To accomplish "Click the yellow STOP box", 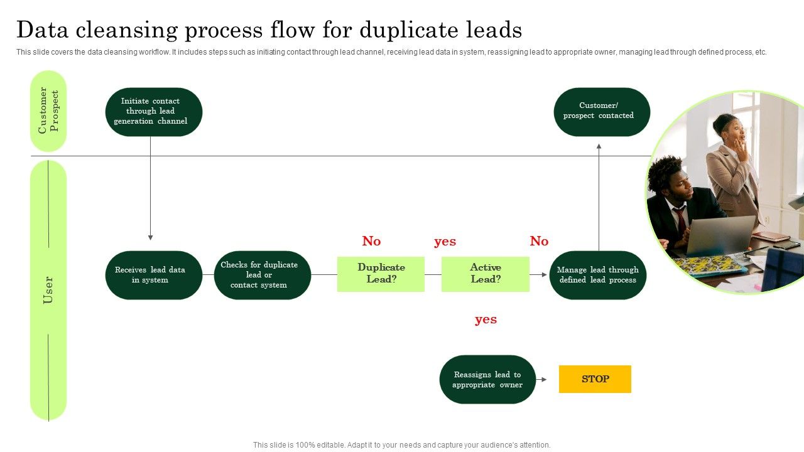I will pos(595,379).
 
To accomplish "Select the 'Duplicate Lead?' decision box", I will pos(381,274).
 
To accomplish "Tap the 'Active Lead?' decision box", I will pos(486,274).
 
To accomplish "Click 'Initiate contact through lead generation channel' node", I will pos(153,112).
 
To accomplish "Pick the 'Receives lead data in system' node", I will pos(153,275).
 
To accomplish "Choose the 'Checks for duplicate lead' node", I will pos(262,275).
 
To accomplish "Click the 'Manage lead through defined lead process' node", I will pos(597,275).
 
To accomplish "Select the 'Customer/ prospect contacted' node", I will pos(601,112).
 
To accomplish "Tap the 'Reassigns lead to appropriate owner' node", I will pos(487,379).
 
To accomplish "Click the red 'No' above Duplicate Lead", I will pos(371,241).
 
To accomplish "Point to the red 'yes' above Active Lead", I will pos(445,241).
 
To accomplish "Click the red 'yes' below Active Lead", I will pos(486,319).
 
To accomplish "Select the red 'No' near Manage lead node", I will pos(539,241).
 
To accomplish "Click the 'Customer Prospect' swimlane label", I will pos(48,110).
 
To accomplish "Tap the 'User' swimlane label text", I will pos(48,290).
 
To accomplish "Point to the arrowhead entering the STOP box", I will pos(544,380).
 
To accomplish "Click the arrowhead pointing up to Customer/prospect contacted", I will pos(599,146).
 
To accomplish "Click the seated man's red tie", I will pos(681,219).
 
